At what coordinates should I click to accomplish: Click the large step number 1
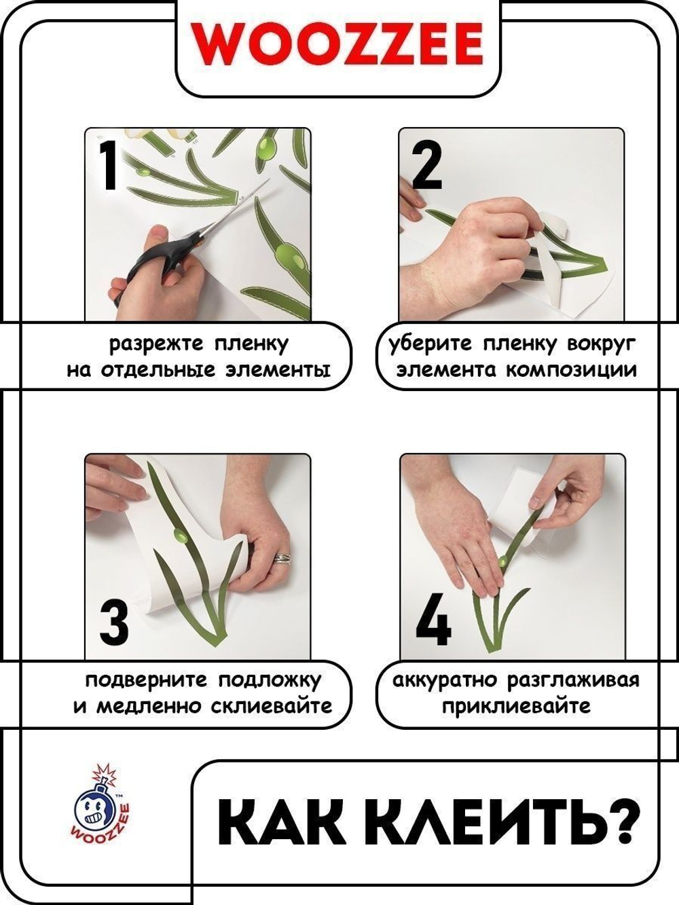(x=109, y=165)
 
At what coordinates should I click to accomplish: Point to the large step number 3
(x=113, y=623)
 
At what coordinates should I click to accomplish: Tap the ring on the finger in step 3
(x=283, y=558)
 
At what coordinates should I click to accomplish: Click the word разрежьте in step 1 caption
(x=156, y=344)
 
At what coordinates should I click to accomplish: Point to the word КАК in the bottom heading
(x=272, y=822)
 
